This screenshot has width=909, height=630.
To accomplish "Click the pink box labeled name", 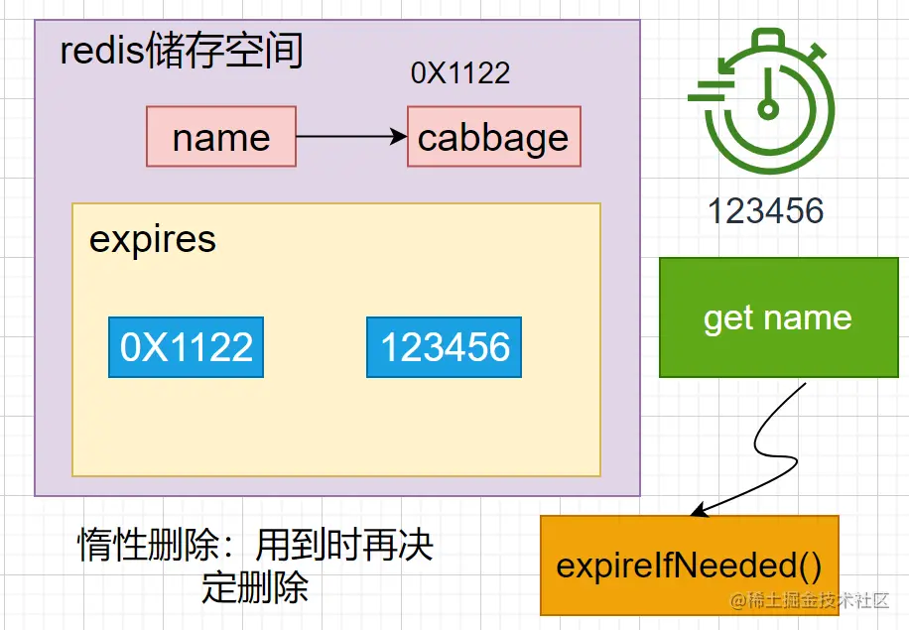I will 221,137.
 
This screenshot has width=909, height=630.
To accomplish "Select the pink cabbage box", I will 493,138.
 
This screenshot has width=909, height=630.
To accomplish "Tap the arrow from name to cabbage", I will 347,137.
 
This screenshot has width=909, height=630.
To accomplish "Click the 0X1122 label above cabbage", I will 460,73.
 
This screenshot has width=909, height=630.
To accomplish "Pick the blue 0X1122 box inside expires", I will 187,347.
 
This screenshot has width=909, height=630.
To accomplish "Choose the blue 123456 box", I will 444,347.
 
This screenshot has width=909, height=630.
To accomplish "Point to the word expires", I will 153,239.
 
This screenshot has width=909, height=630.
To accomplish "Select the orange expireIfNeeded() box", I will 689,566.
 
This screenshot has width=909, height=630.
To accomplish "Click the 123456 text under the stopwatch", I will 766,210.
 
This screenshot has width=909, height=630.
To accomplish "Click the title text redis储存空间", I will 182,51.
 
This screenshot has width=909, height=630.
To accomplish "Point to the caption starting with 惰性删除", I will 256,546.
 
